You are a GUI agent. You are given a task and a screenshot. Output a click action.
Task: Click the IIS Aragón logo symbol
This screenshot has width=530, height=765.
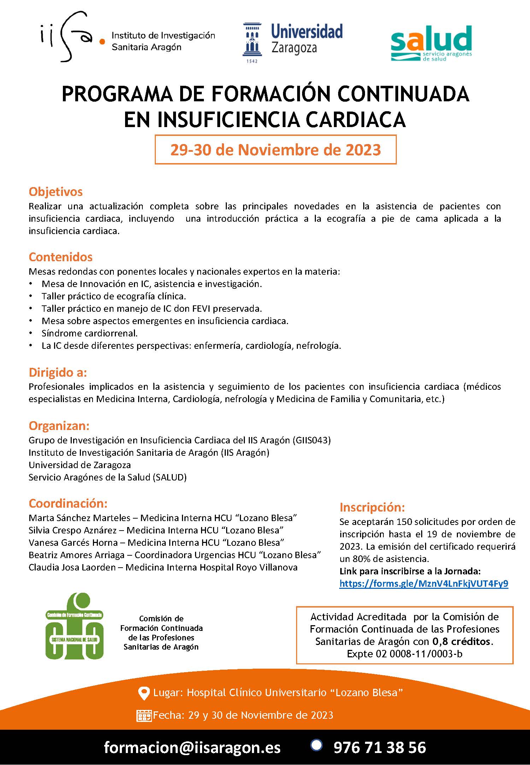tap(71, 37)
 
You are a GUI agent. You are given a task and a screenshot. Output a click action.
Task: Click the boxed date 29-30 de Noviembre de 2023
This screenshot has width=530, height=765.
tap(276, 150)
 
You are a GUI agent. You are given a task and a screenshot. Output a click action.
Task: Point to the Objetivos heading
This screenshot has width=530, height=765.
tap(55, 192)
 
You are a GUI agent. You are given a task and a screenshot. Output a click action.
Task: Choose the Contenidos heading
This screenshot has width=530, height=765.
tap(60, 257)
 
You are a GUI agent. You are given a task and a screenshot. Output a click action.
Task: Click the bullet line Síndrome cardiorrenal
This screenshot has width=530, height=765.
tap(89, 333)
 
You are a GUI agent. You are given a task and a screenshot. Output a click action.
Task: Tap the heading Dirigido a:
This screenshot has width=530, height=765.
tap(58, 372)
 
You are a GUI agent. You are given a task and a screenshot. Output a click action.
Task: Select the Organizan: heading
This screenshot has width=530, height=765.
tap(59, 426)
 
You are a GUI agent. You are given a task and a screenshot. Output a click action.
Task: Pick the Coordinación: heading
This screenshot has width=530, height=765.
tap(68, 503)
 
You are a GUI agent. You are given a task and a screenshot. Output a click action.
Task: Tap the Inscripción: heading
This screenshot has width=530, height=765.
tap(372, 507)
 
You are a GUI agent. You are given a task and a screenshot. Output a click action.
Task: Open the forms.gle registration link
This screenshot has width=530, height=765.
tap(424, 584)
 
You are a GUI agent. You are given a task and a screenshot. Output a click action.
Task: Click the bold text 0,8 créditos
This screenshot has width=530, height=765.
tap(462, 641)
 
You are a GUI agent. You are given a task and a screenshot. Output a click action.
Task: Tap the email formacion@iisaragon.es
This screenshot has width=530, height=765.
tap(192, 747)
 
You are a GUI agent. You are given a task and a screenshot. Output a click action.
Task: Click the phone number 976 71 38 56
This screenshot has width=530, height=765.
tap(379, 747)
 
